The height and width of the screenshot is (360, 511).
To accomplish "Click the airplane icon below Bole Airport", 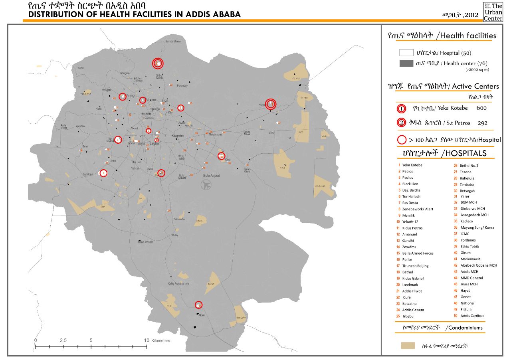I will (x=206, y=185).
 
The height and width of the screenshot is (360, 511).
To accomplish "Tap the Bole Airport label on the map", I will (x=212, y=176).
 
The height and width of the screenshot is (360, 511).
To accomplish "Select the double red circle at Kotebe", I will (x=271, y=104).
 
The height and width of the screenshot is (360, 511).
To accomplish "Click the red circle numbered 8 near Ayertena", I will (x=103, y=173).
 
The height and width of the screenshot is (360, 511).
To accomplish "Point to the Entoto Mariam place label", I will (x=174, y=42).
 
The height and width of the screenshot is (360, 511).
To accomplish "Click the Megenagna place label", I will (x=216, y=135).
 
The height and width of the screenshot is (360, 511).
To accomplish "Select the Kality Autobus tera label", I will (x=178, y=284).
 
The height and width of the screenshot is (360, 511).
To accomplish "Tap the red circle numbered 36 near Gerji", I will (x=221, y=156).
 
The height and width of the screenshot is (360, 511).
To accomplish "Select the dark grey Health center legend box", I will (x=406, y=63).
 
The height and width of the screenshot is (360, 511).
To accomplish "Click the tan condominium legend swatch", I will (x=408, y=346).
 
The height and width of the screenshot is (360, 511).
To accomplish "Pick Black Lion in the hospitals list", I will (x=410, y=184).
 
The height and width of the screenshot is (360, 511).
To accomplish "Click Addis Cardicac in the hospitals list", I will (x=472, y=316).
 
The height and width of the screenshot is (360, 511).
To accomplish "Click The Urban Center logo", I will (x=493, y=12).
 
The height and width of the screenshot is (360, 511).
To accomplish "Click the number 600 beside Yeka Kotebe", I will (x=481, y=108).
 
